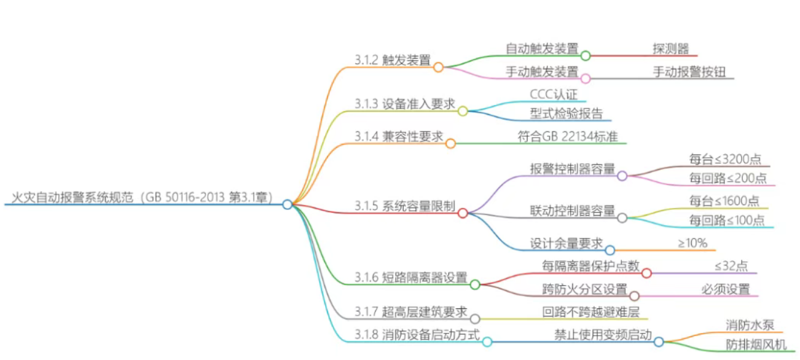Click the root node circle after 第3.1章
click(x=287, y=205)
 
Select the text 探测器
click(x=670, y=48)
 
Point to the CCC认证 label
click(x=554, y=94)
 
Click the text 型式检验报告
click(x=566, y=113)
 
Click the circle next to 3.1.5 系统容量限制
click(x=463, y=213)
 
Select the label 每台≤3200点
click(x=725, y=159)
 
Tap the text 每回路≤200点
click(x=727, y=178)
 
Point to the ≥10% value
click(x=692, y=243)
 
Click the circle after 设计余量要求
click(x=610, y=250)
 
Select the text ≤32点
click(x=731, y=266)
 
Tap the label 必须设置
click(x=726, y=289)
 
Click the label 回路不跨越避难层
click(x=590, y=312)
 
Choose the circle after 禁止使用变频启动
click(x=658, y=342)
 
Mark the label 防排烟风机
click(x=755, y=345)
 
